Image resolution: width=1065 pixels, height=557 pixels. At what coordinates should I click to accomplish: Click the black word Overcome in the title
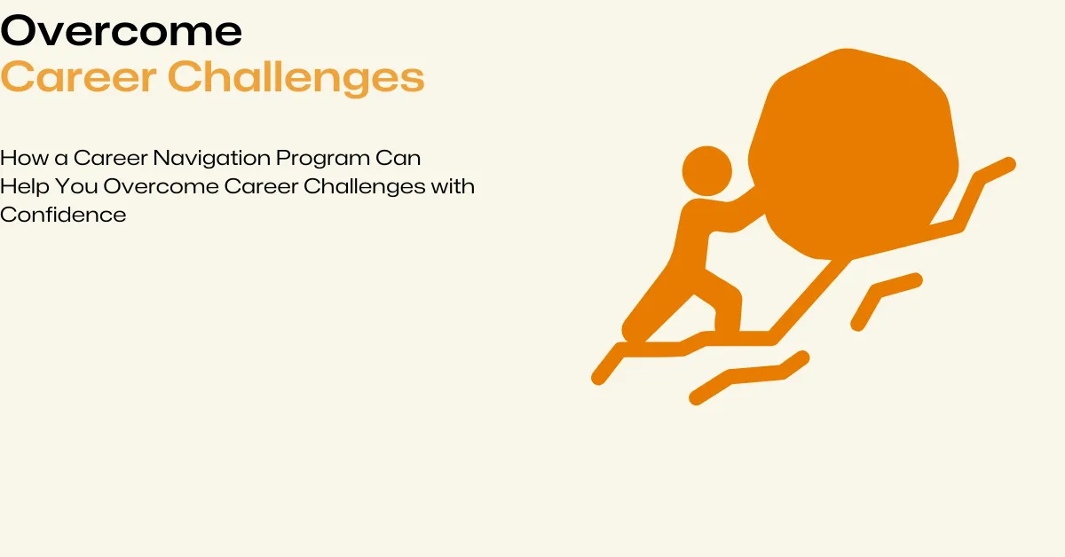[x=122, y=33]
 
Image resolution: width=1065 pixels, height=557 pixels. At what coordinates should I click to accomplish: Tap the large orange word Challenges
[x=296, y=79]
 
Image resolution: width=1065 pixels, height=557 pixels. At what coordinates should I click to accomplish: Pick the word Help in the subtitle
[x=21, y=187]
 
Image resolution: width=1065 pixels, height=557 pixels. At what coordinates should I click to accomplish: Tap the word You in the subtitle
[x=73, y=186]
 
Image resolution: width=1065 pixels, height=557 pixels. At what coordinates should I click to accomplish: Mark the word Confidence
[x=63, y=215]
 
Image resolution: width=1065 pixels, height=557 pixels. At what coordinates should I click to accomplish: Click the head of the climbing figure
[x=706, y=169]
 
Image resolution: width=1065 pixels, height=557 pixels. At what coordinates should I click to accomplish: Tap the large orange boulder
[x=852, y=151]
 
